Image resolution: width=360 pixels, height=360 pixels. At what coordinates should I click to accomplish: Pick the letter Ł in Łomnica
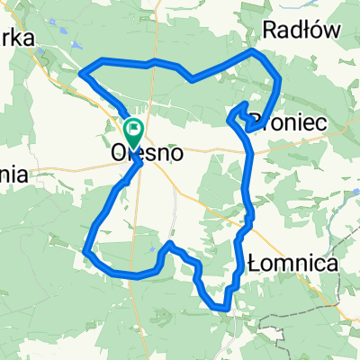click(253, 264)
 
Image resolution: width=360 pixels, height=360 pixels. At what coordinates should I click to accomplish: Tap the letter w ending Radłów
click(333, 30)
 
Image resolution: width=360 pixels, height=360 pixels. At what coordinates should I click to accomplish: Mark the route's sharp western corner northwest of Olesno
click(82, 72)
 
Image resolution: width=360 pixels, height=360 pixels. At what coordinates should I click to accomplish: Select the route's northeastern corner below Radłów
click(280, 79)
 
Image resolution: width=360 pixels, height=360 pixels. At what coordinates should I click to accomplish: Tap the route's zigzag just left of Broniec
click(239, 112)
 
